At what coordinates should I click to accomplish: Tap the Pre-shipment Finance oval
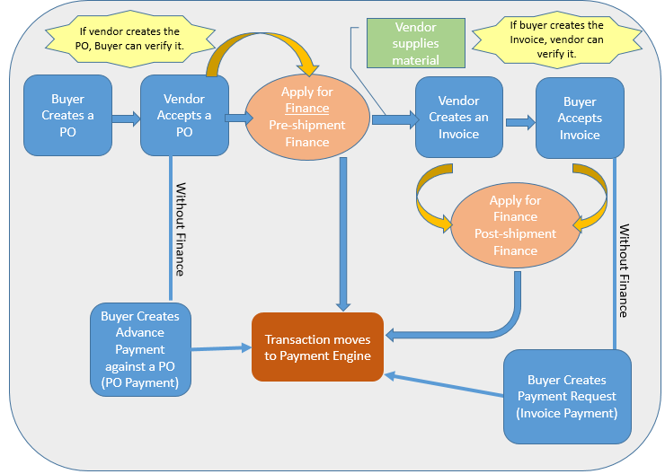[306, 117]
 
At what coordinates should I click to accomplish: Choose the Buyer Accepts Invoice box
[580, 117]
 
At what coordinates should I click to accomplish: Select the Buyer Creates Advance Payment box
[140, 349]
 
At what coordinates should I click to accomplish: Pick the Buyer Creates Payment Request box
[567, 396]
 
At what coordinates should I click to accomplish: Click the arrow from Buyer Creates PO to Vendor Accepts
[126, 117]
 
